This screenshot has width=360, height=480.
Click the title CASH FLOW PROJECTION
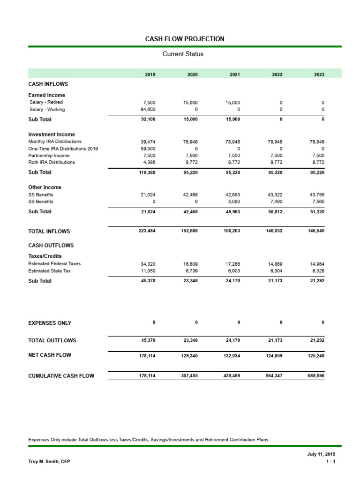pyautogui.click(x=185, y=39)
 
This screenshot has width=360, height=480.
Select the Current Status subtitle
pyautogui.click(x=183, y=54)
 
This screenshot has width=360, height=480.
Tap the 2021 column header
pyautogui.click(x=235, y=75)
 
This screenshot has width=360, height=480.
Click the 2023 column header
pyautogui.click(x=319, y=75)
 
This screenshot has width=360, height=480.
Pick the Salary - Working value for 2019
pyautogui.click(x=149, y=110)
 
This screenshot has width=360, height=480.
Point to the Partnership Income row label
pyautogui.click(x=49, y=156)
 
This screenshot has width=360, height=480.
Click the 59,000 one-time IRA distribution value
pyautogui.click(x=149, y=149)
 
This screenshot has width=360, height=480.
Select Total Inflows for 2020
pyautogui.click(x=190, y=231)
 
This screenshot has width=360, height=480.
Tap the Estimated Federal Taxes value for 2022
pyautogui.click(x=275, y=264)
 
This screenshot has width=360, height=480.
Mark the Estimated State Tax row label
pyautogui.click(x=49, y=271)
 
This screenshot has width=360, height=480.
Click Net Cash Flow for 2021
pyautogui.click(x=232, y=356)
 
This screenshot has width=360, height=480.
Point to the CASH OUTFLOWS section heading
pyautogui.click(x=51, y=246)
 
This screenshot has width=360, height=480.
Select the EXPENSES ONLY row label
pyautogui.click(x=50, y=323)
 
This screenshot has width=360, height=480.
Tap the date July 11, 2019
pyautogui.click(x=321, y=454)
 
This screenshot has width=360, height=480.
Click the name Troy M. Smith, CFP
pyautogui.click(x=49, y=462)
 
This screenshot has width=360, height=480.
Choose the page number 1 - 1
pyautogui.click(x=330, y=462)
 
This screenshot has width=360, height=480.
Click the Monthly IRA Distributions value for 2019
pyautogui.click(x=149, y=142)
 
